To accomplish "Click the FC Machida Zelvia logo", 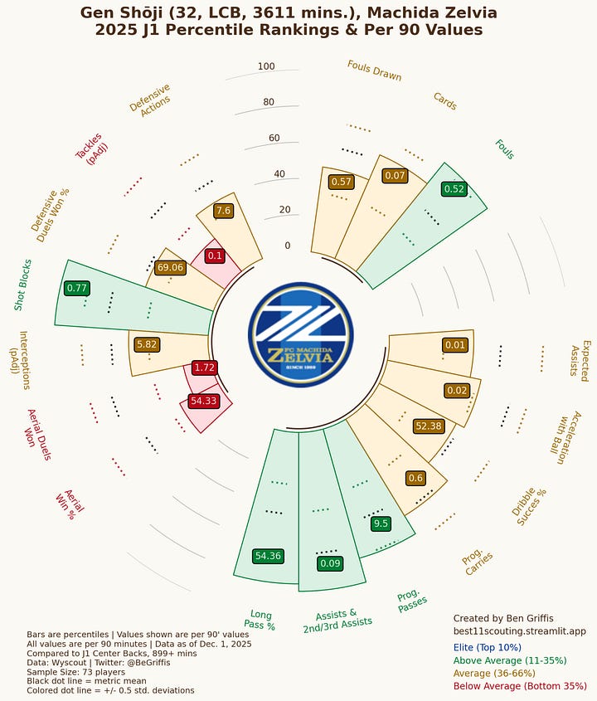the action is pos(300,334).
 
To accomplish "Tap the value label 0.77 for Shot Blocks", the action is pos(76,289).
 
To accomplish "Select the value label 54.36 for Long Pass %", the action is pos(268,556).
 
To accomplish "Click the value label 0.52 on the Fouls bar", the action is pos(454,189).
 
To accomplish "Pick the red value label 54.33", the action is pos(203,401).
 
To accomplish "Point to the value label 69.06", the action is pos(169,267).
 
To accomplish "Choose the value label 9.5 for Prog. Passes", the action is pos(381,523).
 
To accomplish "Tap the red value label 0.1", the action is pos(215,256).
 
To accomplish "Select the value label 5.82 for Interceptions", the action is pos(146,343).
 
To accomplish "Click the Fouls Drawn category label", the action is pos(374,71).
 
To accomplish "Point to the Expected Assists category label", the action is pos(579,358).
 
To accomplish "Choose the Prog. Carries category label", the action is pos(478,563).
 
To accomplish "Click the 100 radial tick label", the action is pos(266,67).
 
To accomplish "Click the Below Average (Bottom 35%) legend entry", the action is pos(520,686).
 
